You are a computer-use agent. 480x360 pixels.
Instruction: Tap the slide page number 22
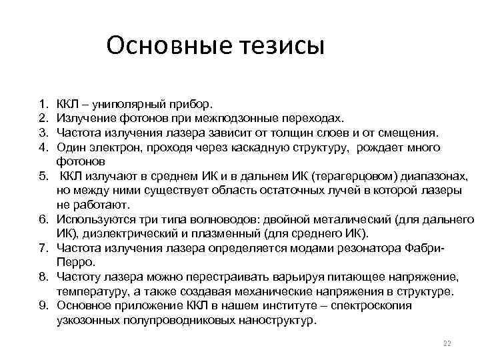point(447,343)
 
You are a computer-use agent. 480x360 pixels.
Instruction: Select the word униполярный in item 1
point(127,104)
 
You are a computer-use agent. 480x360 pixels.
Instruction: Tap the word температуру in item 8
point(93,291)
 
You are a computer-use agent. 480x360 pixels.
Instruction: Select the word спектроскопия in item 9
point(374,305)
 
